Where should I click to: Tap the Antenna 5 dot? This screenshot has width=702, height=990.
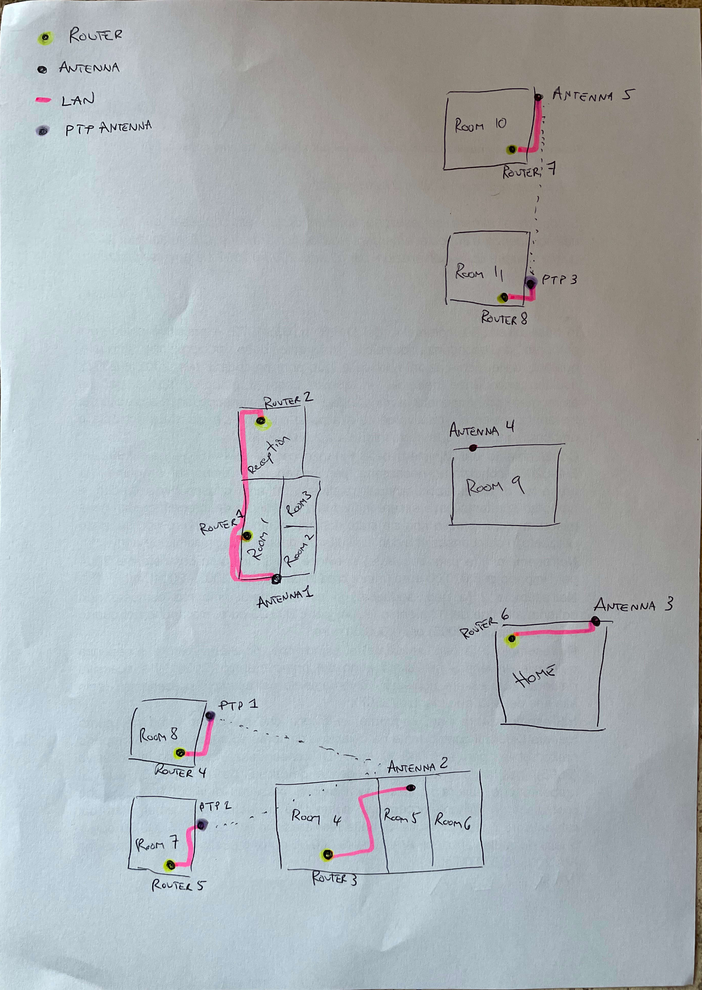point(538,97)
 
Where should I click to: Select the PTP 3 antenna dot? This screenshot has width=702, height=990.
point(530,284)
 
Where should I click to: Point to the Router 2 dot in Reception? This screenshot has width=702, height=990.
point(260,421)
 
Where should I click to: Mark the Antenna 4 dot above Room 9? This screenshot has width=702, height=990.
point(473,447)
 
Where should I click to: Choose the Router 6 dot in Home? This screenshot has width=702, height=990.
point(512,639)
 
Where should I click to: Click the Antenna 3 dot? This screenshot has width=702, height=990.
point(596,622)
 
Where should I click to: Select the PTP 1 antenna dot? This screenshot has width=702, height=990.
point(210,715)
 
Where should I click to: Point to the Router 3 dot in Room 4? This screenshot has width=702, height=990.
point(327,855)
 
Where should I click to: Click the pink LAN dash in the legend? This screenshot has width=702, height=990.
point(43,100)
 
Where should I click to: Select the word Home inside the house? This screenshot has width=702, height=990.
point(534,676)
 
